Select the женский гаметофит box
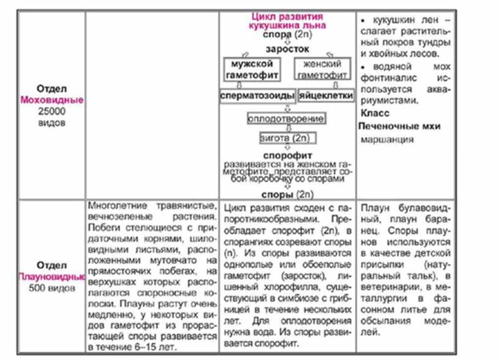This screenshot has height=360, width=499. [x=322, y=69]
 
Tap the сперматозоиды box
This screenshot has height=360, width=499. [x=257, y=96]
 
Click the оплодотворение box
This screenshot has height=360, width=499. [x=286, y=119]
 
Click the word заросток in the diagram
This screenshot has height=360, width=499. [x=287, y=48]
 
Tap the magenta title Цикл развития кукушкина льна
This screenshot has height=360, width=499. [x=287, y=21]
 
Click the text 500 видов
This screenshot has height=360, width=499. [x=51, y=288]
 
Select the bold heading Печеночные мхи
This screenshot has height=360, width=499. [x=399, y=127]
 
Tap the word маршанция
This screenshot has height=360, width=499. [x=387, y=140]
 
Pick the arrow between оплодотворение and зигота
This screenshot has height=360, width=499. [x=287, y=129]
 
